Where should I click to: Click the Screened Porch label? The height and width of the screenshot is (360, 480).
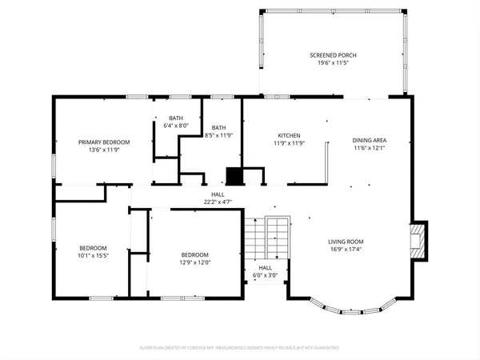tap(333, 55)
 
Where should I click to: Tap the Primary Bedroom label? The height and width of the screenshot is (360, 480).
tap(104, 142)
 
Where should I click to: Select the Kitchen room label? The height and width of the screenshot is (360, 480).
tap(289, 135)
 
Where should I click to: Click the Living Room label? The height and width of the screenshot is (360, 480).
tap(346, 242)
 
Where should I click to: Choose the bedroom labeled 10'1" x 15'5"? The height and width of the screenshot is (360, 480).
tap(93, 248)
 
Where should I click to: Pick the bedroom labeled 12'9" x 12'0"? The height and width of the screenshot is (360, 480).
tap(194, 256)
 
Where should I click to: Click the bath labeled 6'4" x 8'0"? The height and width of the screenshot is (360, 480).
tap(175, 118)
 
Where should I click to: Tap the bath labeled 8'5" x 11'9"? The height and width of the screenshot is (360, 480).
tap(218, 128)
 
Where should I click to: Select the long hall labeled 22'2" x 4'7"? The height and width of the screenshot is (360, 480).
tap(218, 194)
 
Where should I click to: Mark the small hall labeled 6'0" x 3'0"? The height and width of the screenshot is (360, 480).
tap(265, 269)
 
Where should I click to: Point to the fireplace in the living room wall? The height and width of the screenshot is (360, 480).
tap(417, 240)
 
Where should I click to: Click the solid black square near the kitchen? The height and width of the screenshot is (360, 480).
tap(234, 176)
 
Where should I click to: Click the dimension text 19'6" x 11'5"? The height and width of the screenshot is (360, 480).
tap(333, 62)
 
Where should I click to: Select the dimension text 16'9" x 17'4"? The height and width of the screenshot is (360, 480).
tap(346, 249)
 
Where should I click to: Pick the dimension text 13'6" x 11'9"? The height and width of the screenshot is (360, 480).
tap(104, 149)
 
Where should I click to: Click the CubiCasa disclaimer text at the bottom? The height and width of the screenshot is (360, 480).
tap(239, 348)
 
